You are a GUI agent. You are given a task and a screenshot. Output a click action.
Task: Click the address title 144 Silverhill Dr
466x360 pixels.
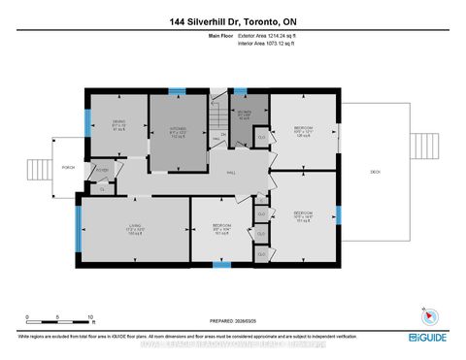[233, 20]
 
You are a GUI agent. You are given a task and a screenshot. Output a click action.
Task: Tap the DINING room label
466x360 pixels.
[117, 125]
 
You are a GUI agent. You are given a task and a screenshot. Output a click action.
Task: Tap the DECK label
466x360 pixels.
[375, 172]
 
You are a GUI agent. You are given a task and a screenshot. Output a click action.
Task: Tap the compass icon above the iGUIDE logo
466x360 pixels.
[427, 315]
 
